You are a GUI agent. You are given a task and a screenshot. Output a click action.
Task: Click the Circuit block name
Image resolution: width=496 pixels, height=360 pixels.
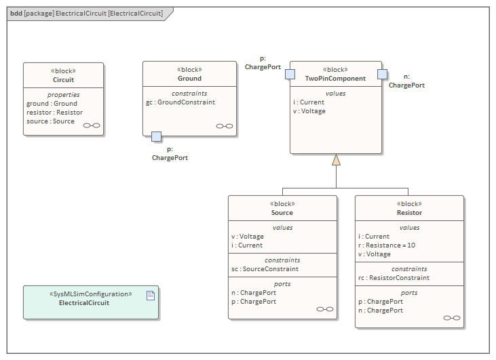click(x=63, y=79)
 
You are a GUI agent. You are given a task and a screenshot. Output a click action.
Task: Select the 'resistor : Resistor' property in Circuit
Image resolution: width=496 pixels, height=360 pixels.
click(x=54, y=113)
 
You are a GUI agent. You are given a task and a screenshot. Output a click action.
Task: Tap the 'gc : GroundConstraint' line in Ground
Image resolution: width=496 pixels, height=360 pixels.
click(x=180, y=102)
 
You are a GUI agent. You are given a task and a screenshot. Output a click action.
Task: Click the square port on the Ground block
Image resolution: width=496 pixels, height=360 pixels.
click(x=156, y=136)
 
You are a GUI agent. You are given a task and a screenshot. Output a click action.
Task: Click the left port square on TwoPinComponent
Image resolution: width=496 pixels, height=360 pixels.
click(x=290, y=74)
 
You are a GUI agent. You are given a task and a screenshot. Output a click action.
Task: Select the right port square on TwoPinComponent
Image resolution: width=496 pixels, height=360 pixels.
click(x=383, y=74)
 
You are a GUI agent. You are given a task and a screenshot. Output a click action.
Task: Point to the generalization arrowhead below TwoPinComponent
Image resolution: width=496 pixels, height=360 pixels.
click(x=336, y=160)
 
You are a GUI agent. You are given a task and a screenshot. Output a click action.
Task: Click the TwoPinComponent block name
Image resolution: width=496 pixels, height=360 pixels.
click(x=335, y=79)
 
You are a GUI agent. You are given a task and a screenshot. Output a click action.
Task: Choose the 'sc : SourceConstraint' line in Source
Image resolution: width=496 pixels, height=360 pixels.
click(x=265, y=269)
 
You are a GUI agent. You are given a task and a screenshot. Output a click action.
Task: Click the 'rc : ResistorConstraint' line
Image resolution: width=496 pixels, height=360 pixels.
click(x=394, y=277)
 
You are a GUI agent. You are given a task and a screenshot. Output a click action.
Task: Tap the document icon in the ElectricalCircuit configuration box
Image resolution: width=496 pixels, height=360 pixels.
click(x=151, y=295)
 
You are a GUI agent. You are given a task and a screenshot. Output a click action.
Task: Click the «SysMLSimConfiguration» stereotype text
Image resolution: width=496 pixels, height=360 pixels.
click(x=90, y=294)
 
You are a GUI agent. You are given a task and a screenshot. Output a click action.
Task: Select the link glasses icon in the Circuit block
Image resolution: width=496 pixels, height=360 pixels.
click(x=91, y=126)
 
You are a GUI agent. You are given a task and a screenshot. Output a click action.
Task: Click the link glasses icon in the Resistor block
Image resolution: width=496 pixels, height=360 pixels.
click(x=451, y=317)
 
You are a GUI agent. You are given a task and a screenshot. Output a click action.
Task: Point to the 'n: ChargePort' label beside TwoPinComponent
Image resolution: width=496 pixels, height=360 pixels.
click(x=406, y=81)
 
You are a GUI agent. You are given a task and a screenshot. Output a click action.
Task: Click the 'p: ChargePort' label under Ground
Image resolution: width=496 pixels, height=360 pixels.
click(x=170, y=153)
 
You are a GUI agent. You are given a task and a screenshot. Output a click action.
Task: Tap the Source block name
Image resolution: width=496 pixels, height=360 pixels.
click(x=282, y=212)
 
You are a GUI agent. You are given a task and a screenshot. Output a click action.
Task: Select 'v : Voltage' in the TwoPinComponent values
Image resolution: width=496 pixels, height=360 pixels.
click(x=309, y=111)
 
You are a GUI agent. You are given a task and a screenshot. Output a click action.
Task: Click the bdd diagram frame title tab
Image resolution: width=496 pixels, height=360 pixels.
click(x=87, y=13)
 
